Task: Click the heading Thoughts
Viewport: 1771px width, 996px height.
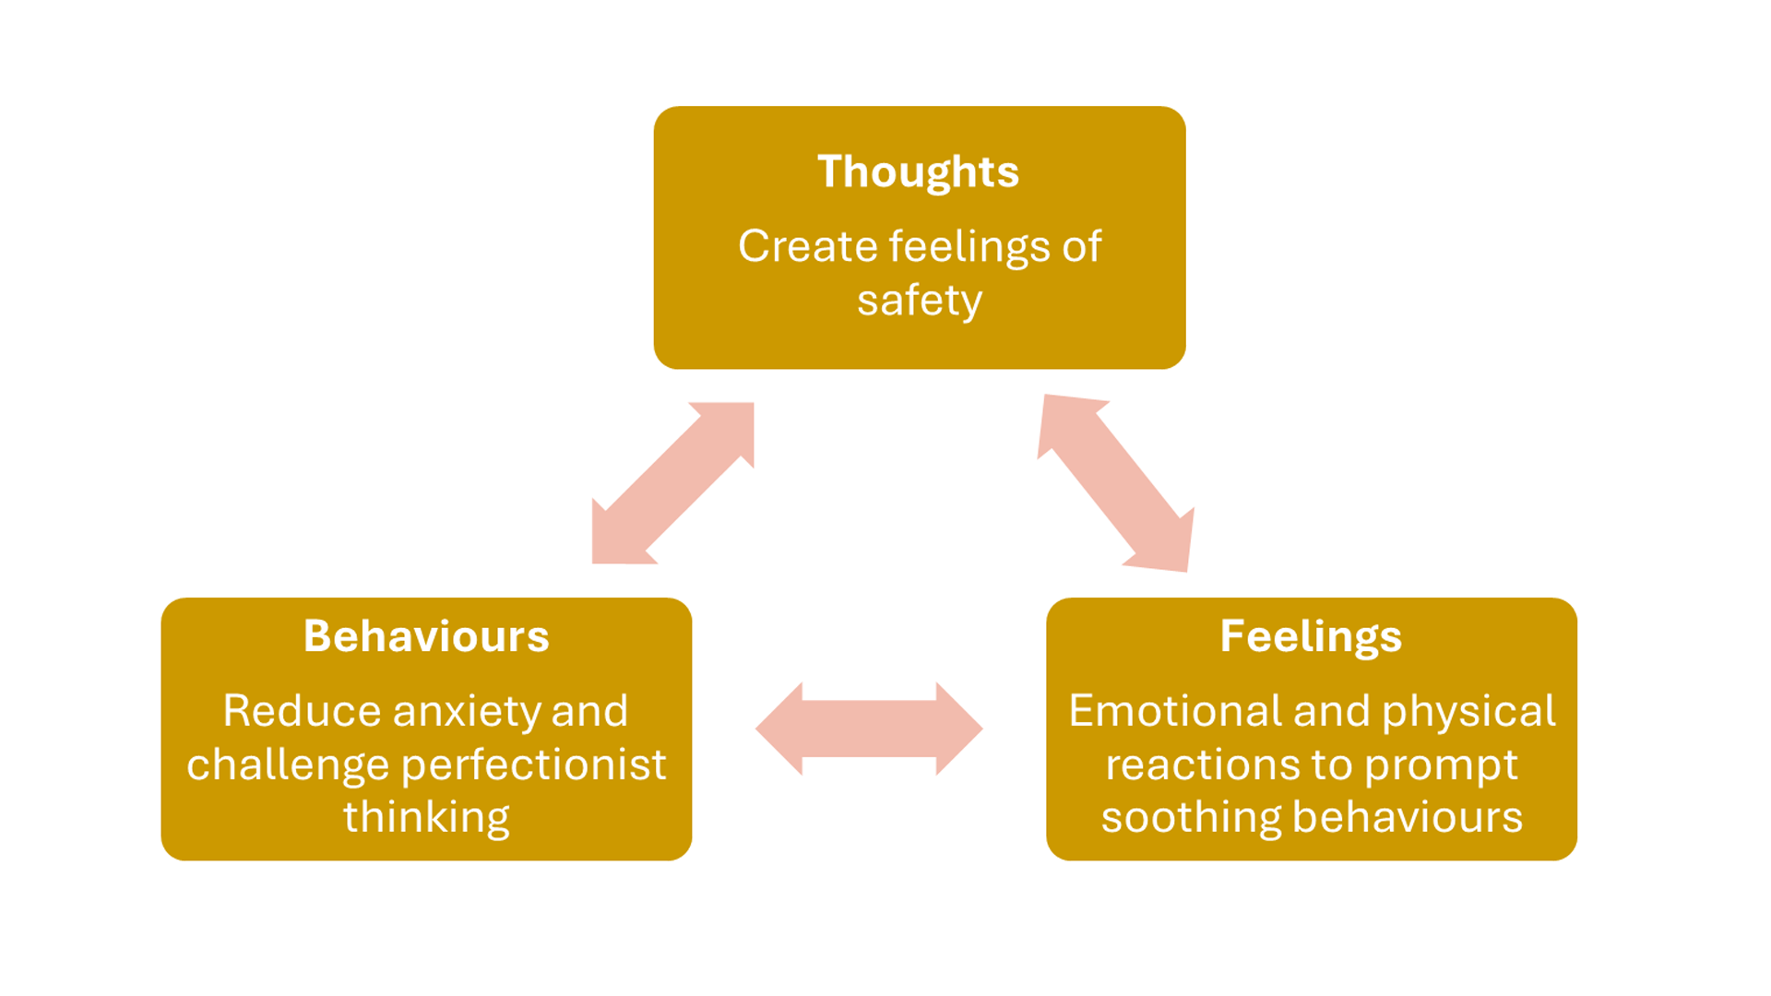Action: [x=918, y=172]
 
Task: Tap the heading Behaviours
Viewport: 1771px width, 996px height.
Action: [x=426, y=636]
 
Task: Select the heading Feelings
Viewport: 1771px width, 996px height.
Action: [x=1311, y=636]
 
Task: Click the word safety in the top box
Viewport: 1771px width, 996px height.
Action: [x=920, y=301]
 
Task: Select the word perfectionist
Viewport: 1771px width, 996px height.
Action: [x=534, y=765]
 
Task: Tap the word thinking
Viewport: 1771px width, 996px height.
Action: [x=426, y=818]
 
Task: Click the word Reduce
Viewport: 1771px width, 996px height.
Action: [x=302, y=712]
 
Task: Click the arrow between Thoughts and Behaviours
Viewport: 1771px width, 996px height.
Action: [x=672, y=483]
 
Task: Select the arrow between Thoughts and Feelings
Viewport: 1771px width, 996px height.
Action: [x=1116, y=483]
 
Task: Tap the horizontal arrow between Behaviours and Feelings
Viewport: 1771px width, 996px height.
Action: [x=869, y=729]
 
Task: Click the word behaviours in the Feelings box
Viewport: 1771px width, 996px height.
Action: [x=1408, y=818]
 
